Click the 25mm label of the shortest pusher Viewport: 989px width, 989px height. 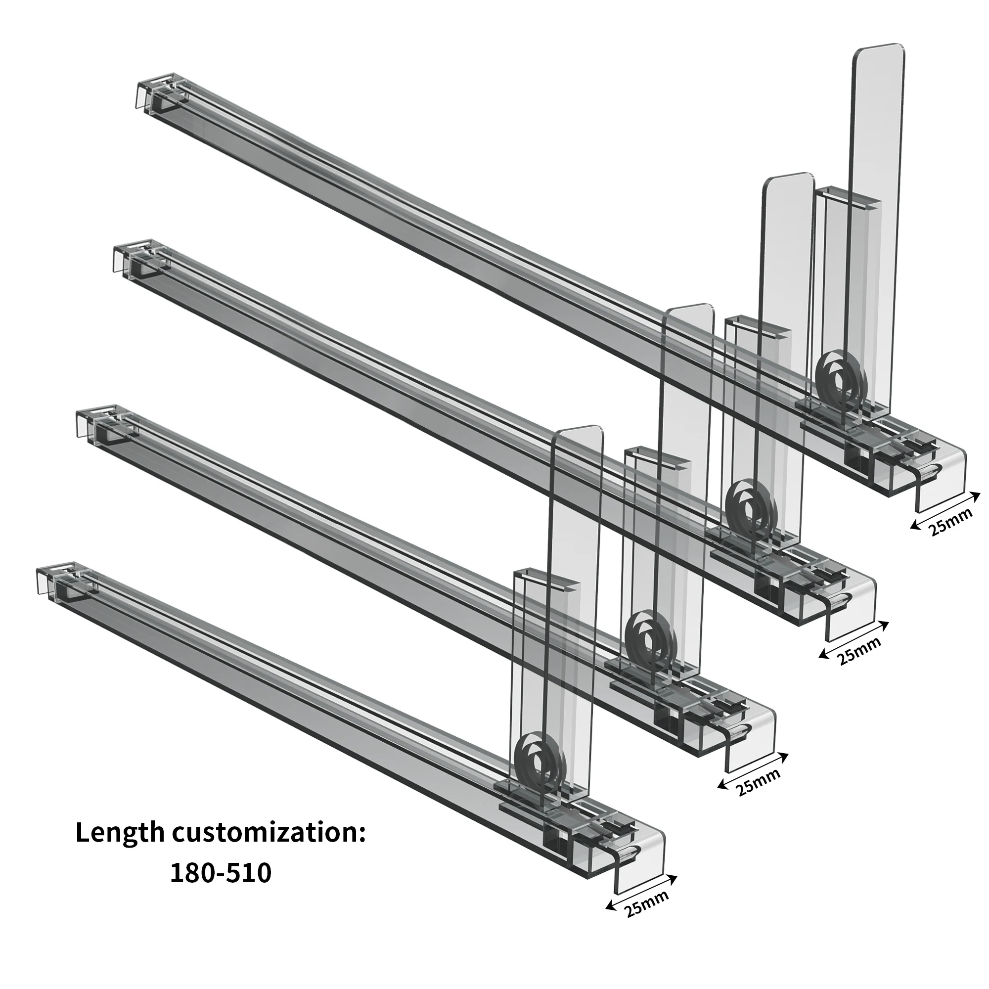pos(646,918)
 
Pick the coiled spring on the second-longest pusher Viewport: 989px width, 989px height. pos(749,507)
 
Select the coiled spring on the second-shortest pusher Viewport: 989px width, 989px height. pos(649,637)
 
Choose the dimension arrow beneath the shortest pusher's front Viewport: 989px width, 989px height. pos(641,892)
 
